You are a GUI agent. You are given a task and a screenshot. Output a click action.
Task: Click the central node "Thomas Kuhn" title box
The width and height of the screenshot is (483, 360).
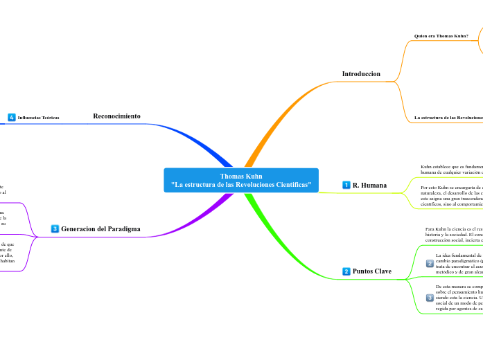[x=241, y=181]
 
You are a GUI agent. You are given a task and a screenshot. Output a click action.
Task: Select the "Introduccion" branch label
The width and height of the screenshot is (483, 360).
[x=361, y=73]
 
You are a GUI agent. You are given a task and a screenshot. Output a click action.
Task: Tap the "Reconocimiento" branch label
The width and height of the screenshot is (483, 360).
[x=116, y=116]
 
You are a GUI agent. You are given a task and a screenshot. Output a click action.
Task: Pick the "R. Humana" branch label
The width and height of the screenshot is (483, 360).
[x=369, y=186]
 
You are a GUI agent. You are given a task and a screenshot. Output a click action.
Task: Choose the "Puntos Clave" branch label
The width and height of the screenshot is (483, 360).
[x=371, y=271]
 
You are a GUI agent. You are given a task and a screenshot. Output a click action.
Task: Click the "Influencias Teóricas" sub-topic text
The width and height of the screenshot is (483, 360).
[x=38, y=118]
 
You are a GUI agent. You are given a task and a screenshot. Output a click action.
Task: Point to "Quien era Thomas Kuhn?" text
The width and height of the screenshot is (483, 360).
[x=441, y=35]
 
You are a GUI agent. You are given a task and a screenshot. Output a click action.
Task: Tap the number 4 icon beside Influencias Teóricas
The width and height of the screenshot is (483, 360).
[x=12, y=118]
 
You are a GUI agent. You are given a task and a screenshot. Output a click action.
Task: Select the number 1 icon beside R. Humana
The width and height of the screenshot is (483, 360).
[x=346, y=186]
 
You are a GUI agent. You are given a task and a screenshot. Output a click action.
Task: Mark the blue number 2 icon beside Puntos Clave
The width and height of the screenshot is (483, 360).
[x=346, y=271]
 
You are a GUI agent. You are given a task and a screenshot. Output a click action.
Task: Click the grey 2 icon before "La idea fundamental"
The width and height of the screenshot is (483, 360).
[x=430, y=263]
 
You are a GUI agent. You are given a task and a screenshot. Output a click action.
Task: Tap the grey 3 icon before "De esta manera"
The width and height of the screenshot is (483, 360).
[x=430, y=297]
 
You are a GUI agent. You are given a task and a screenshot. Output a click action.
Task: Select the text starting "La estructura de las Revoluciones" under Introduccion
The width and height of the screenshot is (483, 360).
[x=448, y=118]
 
